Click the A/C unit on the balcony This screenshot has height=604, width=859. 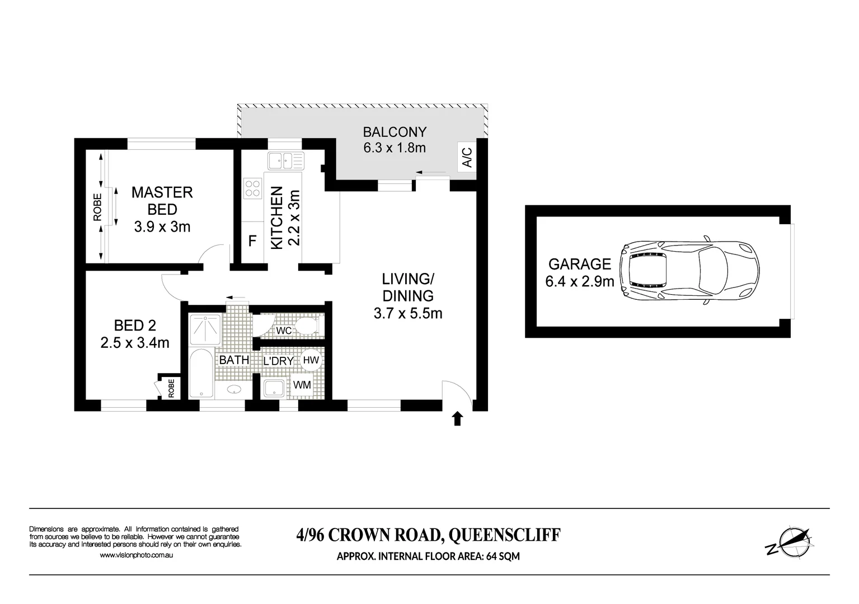click(467, 157)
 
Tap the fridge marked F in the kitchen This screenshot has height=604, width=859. click(252, 241)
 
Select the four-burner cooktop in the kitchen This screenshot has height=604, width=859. click(252, 187)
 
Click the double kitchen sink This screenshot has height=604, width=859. click(285, 161)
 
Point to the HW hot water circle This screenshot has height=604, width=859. click(311, 360)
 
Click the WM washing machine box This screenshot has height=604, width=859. click(302, 385)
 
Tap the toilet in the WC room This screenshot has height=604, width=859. click(307, 325)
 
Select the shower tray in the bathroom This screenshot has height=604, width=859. click(204, 329)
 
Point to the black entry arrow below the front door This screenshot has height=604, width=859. click(457, 418)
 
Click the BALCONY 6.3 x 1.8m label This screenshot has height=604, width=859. click(395, 140)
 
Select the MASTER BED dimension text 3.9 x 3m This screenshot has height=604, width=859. click(162, 227)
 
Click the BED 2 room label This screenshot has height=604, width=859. click(135, 325)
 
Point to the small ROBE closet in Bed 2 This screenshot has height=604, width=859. click(168, 387)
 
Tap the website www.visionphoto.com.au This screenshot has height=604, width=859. click(136, 555)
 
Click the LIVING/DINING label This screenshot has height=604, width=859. click(407, 287)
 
